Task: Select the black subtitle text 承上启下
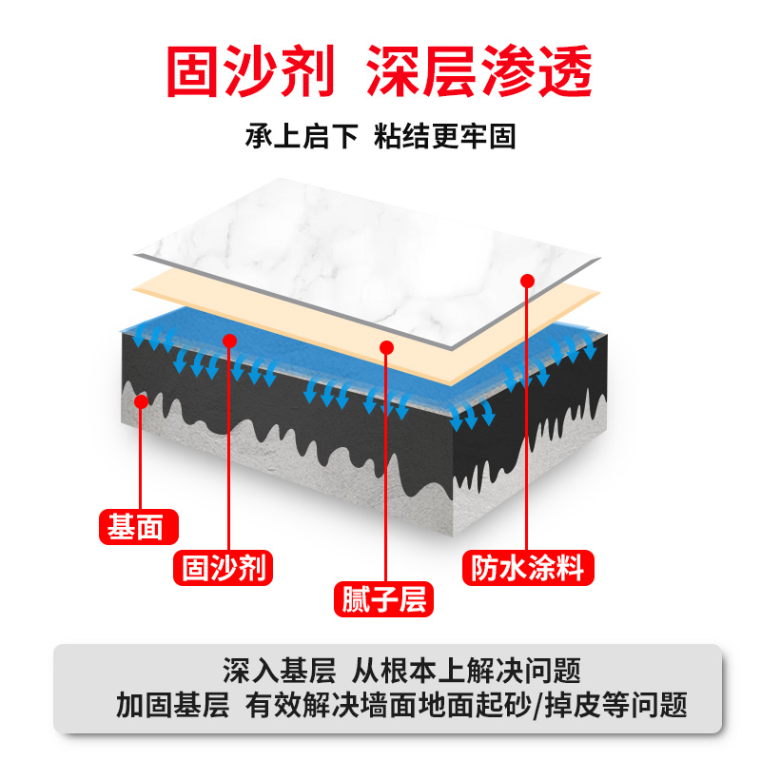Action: pyautogui.click(x=302, y=136)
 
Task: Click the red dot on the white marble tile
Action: pyautogui.click(x=528, y=280)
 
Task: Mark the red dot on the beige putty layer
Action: pyautogui.click(x=386, y=347)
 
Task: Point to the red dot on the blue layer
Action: pyautogui.click(x=228, y=340)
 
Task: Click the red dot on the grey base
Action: pyautogui.click(x=142, y=401)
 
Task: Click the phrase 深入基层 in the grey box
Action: pyautogui.click(x=279, y=672)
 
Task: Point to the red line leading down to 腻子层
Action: pyautogui.click(x=386, y=466)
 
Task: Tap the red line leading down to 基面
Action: pyautogui.click(x=142, y=457)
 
